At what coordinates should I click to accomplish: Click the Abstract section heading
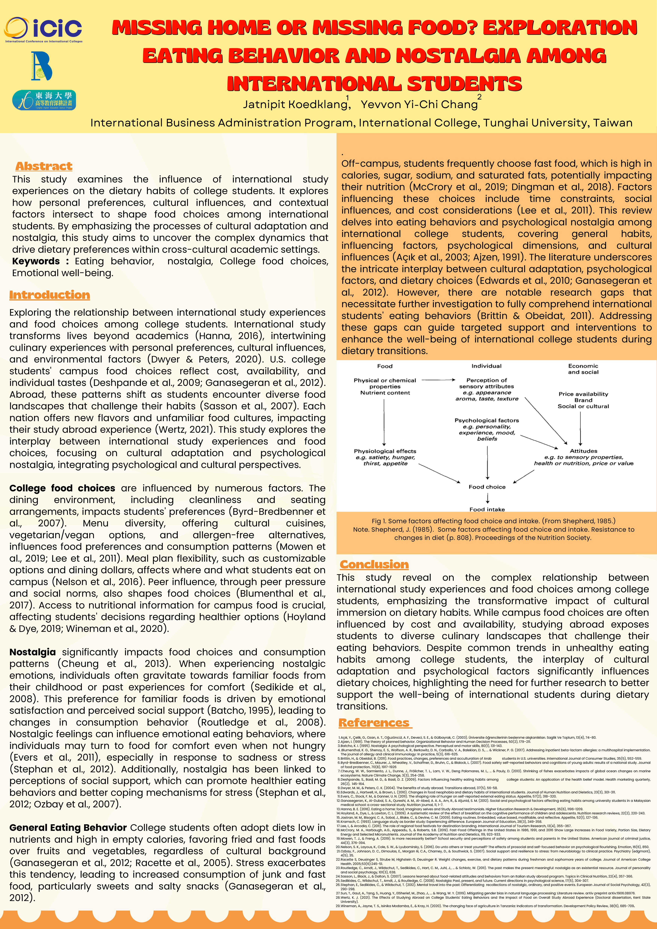44,166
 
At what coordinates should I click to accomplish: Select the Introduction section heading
49,295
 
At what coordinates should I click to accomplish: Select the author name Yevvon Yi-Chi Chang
419,104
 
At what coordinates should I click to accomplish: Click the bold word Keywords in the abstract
36,261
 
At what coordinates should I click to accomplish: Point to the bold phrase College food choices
62,488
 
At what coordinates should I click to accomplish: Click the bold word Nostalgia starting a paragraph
32,652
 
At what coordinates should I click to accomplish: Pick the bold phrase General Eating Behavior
68,828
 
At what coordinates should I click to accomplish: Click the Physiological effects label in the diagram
385,451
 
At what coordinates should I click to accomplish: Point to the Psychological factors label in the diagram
487,420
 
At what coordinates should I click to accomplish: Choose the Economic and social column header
583,369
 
